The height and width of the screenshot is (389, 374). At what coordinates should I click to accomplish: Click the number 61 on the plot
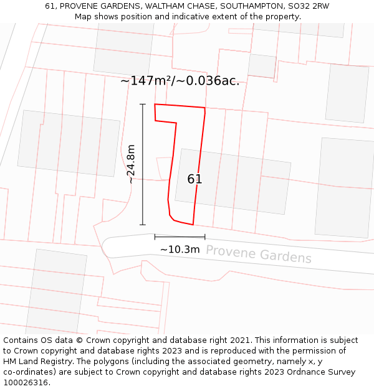194,179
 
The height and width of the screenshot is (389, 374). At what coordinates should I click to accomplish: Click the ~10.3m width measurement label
180,250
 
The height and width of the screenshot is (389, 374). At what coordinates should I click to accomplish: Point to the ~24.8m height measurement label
131,164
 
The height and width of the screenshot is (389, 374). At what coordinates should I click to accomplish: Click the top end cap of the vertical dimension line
143,104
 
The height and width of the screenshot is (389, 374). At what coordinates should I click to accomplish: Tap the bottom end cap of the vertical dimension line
143,225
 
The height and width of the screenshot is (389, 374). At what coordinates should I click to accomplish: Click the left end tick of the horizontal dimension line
155,237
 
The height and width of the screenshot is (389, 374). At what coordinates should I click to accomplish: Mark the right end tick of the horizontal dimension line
204,237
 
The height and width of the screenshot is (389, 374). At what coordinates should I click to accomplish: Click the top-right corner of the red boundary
205,108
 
